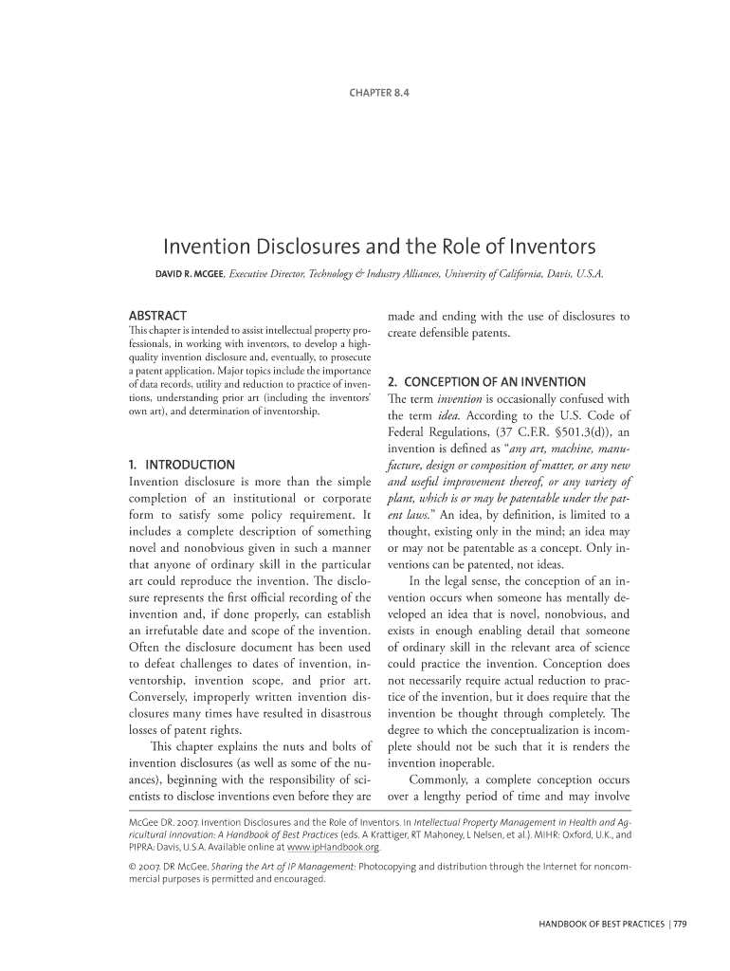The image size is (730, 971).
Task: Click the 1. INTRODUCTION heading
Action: [181, 465]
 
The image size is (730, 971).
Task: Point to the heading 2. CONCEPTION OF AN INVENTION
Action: [486, 382]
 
